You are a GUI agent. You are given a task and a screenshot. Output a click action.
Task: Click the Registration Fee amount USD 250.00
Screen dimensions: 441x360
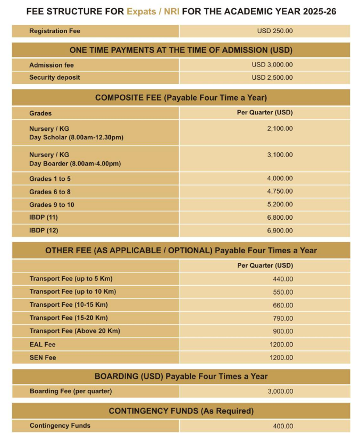[x=275, y=31]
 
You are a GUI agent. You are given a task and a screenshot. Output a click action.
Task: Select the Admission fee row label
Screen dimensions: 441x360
[x=52, y=65]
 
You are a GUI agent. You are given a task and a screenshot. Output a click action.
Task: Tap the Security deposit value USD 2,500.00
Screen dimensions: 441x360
[x=272, y=78]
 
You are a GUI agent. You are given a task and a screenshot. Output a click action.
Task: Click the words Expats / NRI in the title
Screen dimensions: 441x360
[x=152, y=11]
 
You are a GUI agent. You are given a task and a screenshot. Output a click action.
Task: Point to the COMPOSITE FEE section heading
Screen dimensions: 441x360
[x=181, y=98]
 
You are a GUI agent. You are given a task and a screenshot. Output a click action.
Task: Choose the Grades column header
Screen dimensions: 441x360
[x=40, y=113]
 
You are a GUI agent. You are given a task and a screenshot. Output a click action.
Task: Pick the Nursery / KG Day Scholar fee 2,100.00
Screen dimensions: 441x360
[x=280, y=129]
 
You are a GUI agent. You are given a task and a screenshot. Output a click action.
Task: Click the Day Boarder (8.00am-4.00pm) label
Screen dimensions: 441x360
[x=75, y=164]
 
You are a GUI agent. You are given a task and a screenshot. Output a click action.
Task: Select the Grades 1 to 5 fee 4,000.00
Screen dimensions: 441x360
[x=280, y=179]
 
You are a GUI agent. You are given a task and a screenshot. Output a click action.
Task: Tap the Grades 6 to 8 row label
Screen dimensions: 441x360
[x=50, y=192]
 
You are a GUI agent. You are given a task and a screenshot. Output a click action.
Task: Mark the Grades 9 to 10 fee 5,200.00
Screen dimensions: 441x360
[x=280, y=205]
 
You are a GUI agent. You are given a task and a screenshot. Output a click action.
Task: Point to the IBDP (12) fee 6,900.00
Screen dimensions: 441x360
[x=280, y=231]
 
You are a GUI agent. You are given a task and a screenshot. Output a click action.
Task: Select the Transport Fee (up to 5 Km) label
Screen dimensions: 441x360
[x=71, y=279]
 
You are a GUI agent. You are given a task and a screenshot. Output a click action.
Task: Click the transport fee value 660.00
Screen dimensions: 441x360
[x=282, y=305]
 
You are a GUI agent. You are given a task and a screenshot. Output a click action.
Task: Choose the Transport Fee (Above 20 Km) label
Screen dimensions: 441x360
[x=75, y=331]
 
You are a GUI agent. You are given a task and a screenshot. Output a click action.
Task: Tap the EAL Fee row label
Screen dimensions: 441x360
[x=43, y=345]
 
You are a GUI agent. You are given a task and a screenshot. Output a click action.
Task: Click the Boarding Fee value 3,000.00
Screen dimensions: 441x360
[x=280, y=392]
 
